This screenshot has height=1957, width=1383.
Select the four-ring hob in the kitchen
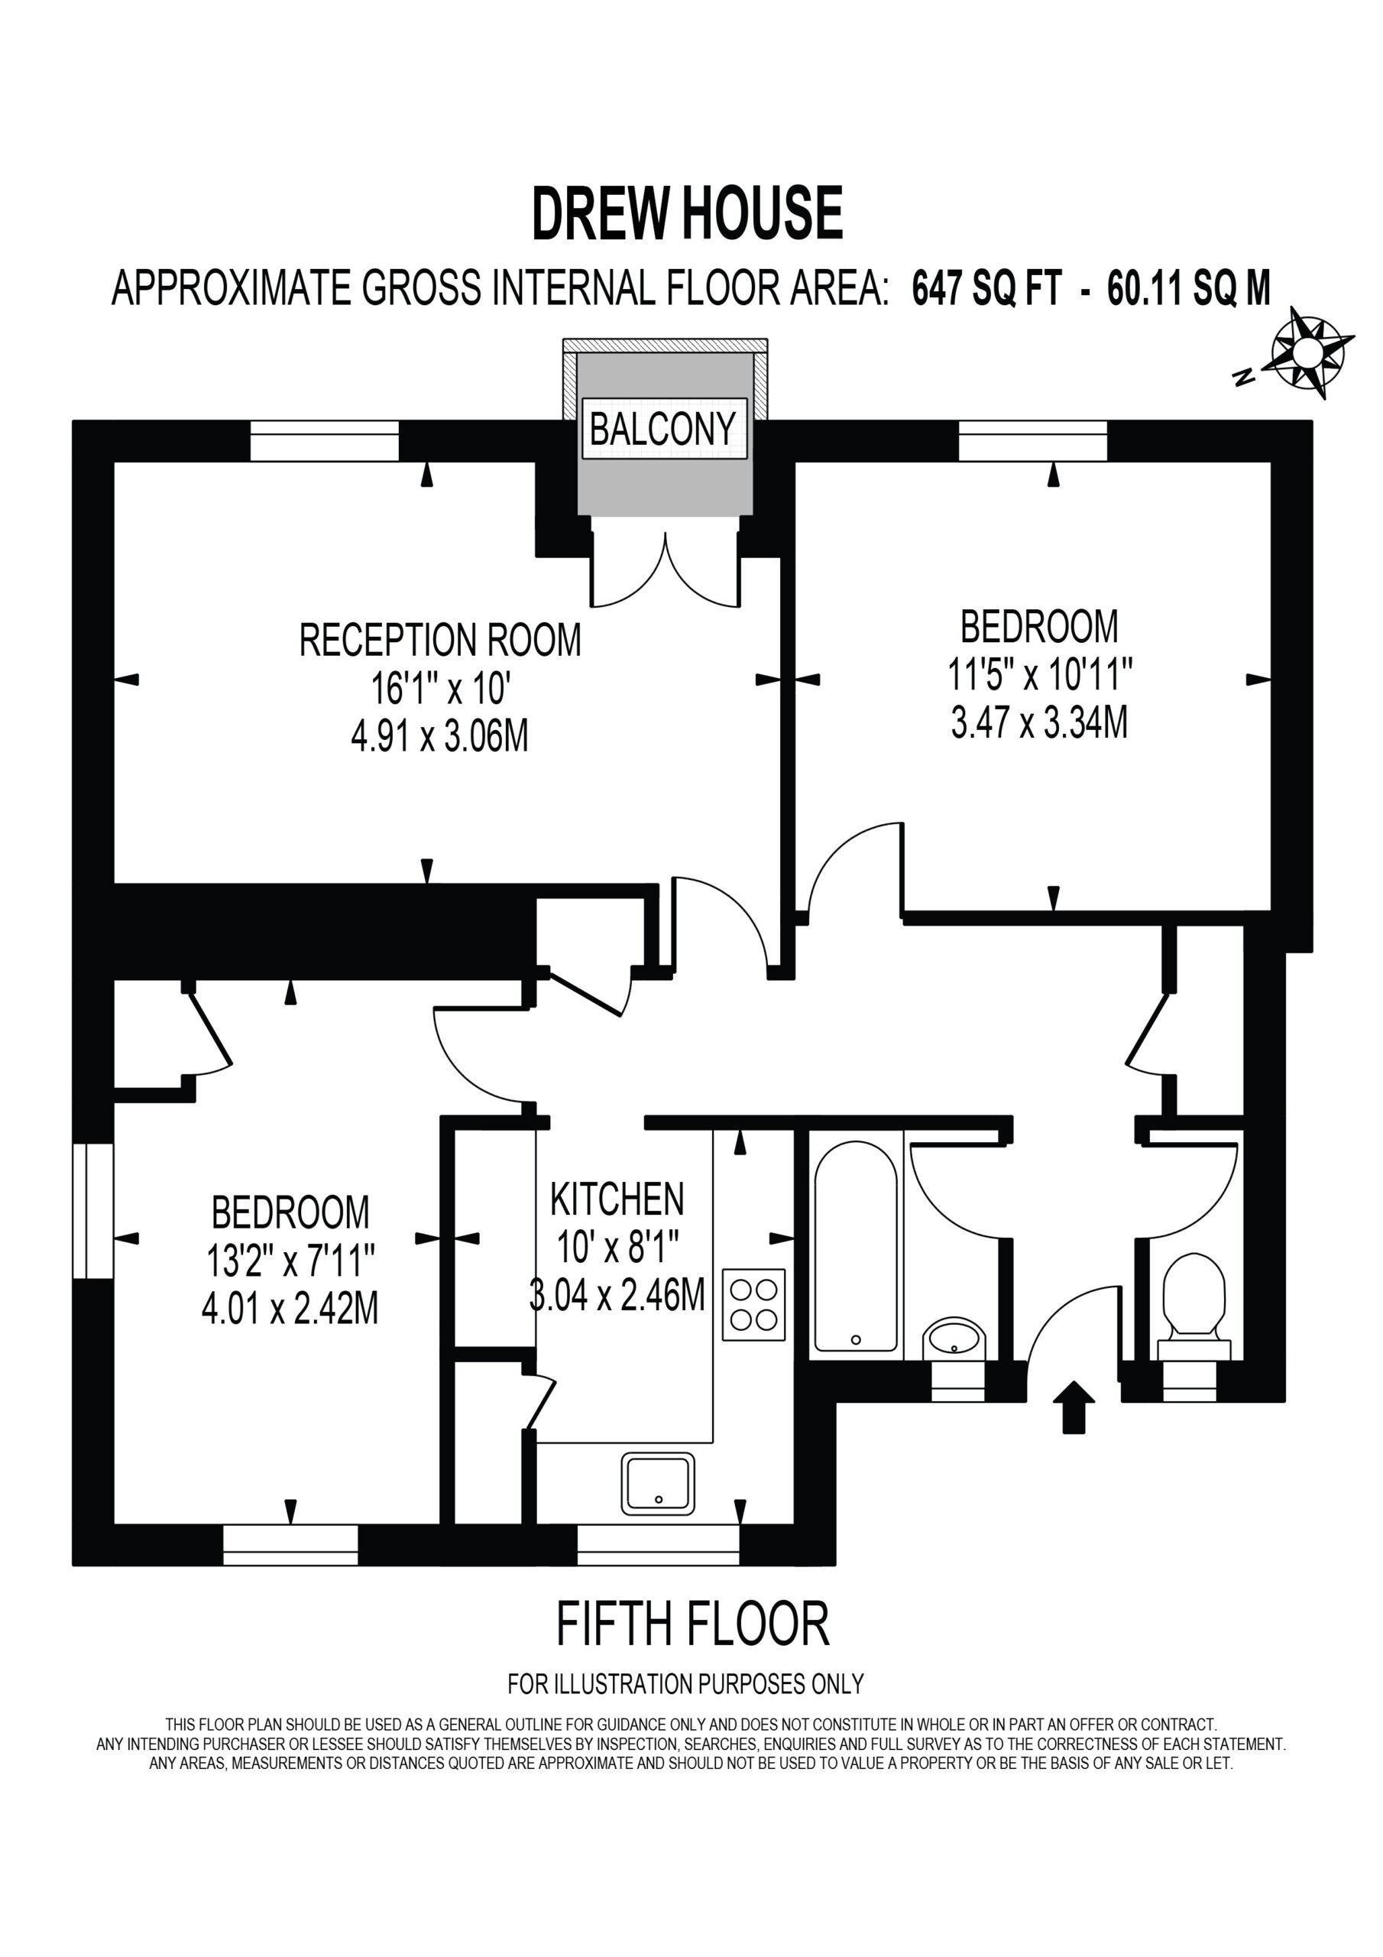(753, 1305)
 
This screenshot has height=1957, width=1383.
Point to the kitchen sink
(657, 1483)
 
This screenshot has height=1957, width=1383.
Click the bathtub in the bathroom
(856, 1246)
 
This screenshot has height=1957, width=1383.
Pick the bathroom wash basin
(954, 1339)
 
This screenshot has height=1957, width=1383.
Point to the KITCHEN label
(617, 1199)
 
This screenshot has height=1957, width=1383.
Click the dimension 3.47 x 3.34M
(1040, 723)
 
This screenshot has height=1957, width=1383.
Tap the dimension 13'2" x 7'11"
(290, 1261)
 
